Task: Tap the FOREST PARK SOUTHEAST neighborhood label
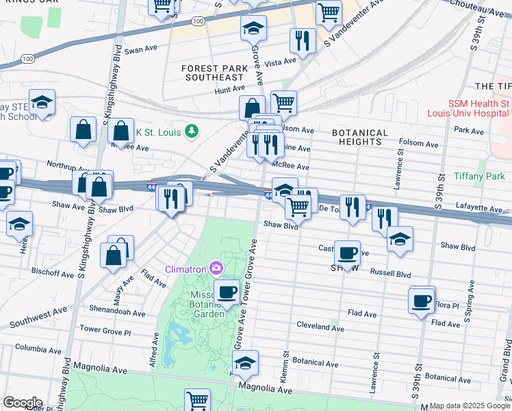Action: coord(214,73)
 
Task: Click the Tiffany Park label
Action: coord(478,176)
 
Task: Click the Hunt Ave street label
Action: coord(229,89)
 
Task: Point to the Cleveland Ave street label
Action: coord(318,324)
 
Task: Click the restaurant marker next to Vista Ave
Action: coord(302,40)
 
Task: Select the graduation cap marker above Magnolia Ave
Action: coord(245,364)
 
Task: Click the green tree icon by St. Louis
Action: coord(193,130)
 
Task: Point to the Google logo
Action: coord(22,402)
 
